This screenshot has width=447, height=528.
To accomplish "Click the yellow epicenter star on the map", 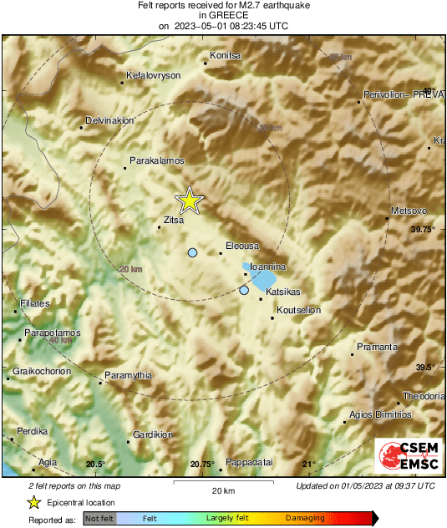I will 190,200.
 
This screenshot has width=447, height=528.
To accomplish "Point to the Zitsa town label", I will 173,221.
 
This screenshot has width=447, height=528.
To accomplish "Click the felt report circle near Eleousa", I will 192,252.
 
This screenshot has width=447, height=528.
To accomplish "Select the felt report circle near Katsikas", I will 244,290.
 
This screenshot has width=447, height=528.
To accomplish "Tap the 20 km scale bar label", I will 221,490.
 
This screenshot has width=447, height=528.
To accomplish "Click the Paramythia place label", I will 129,376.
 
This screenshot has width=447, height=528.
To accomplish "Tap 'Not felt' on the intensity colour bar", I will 99,519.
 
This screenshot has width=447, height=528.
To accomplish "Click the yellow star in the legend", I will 33,502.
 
